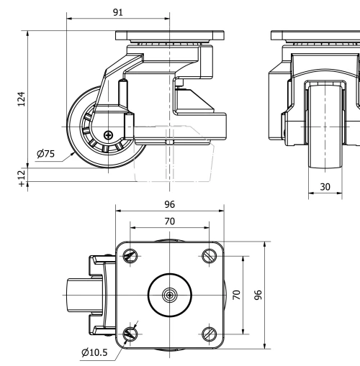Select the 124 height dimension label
point(21,98)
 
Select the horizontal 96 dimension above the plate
point(169,203)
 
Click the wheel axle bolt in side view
point(108,134)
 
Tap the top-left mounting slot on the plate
point(130,256)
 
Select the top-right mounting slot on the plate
point(210,256)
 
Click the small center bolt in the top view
point(170,295)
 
